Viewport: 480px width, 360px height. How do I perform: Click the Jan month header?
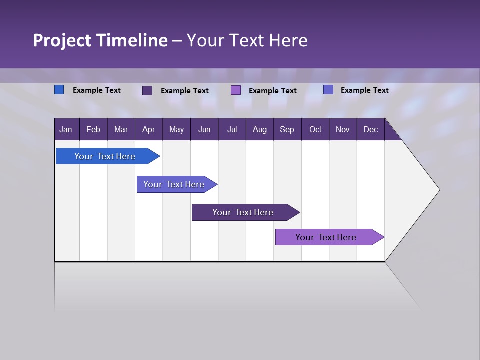[x=66, y=129]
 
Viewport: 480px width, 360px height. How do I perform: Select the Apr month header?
[x=148, y=129]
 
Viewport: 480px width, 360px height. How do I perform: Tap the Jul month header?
[x=232, y=129]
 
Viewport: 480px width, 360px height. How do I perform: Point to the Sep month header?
[x=287, y=129]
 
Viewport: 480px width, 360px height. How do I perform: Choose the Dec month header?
[x=370, y=129]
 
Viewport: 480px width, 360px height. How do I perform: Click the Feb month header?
[x=93, y=129]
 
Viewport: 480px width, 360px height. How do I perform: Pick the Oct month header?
[x=315, y=129]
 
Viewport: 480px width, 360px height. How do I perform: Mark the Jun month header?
[x=204, y=129]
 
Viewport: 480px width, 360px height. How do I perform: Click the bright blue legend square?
[x=59, y=90]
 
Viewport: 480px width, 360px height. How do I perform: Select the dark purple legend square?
[x=147, y=90]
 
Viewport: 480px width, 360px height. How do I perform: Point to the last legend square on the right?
[x=328, y=90]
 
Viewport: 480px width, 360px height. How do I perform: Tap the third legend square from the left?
[x=236, y=90]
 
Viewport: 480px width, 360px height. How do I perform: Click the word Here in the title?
[x=288, y=40]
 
